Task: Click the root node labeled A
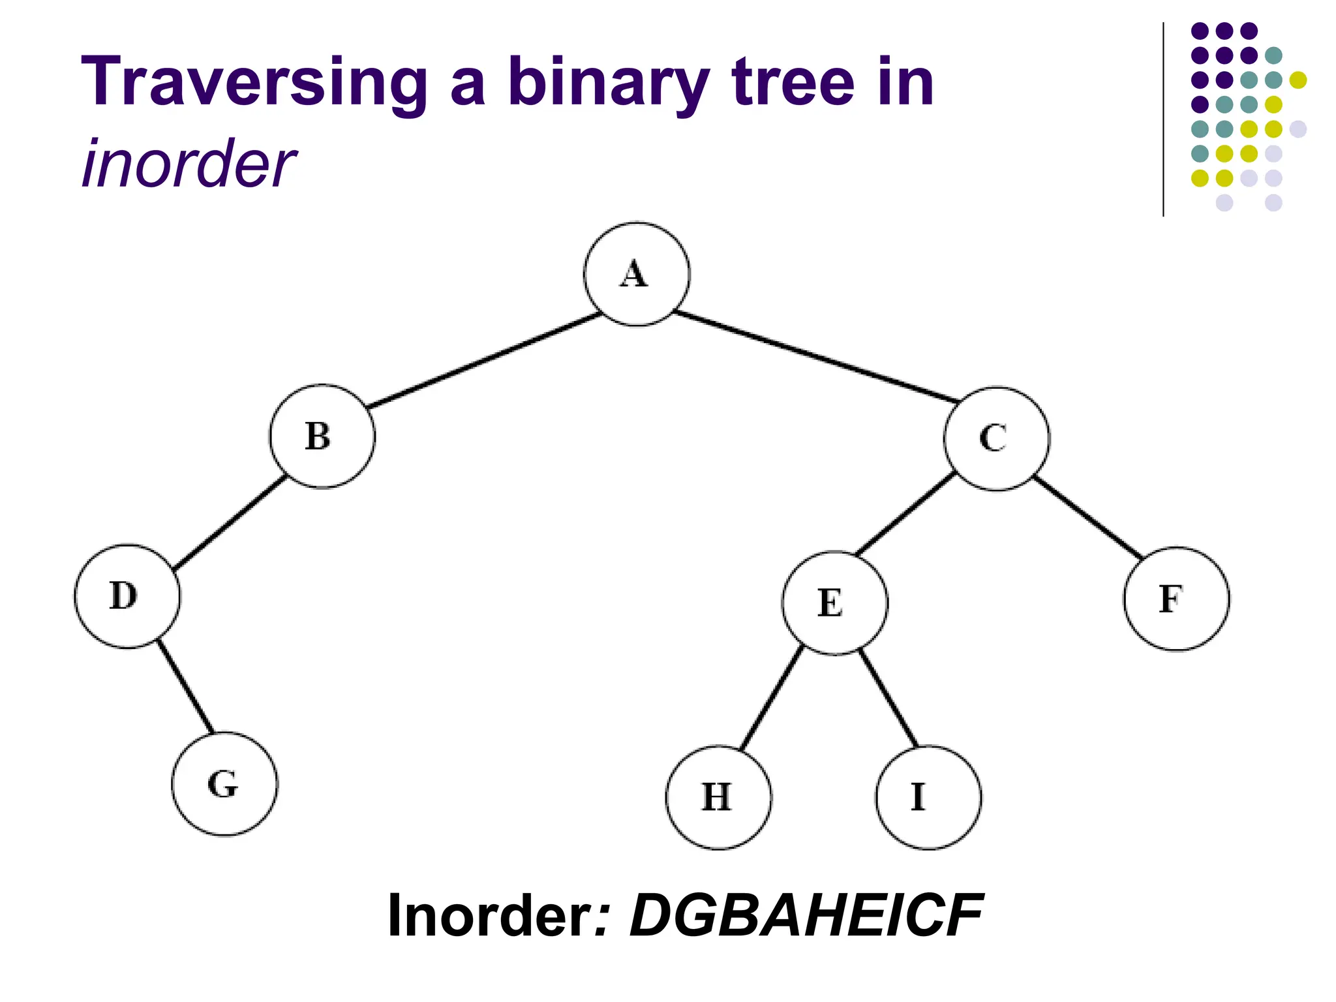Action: (636, 274)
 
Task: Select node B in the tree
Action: (322, 436)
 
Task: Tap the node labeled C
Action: (996, 438)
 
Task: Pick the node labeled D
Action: (127, 596)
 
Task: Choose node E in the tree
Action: (834, 603)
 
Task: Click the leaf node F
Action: (1176, 599)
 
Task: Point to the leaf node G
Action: (224, 783)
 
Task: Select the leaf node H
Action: (718, 797)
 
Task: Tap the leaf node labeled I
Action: (928, 797)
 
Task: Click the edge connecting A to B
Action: (484, 361)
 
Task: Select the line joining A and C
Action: (815, 356)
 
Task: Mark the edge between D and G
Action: (185, 687)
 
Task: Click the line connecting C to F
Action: (1088, 518)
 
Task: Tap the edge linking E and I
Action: (888, 699)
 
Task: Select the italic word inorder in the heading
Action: (189, 164)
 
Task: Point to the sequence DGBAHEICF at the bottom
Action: (806, 916)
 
